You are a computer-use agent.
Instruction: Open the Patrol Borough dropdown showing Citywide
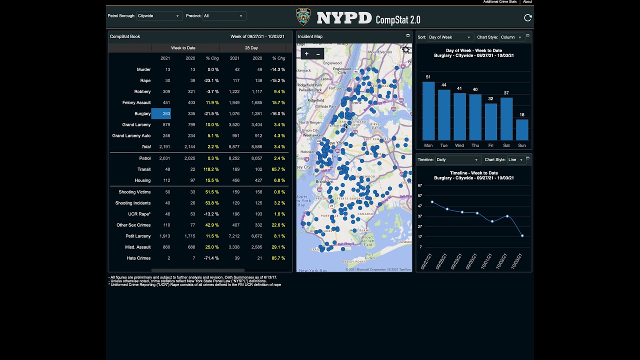158,16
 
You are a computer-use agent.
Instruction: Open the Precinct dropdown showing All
223,16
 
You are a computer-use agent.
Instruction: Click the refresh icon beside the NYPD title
527,18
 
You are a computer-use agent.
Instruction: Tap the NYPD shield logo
303,17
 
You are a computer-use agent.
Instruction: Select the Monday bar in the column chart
428,111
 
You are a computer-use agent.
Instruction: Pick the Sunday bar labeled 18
522,129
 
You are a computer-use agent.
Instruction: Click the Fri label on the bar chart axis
491,145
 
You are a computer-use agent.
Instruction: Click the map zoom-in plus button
306,54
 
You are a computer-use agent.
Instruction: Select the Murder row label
143,69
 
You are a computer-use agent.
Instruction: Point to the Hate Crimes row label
138,258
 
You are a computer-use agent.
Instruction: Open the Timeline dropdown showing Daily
457,160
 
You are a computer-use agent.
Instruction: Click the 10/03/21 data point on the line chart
522,236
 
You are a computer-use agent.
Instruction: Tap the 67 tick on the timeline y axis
420,185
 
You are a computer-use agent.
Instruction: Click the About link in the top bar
527,2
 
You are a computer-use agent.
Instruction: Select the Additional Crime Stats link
500,2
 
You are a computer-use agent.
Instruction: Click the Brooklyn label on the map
324,181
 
